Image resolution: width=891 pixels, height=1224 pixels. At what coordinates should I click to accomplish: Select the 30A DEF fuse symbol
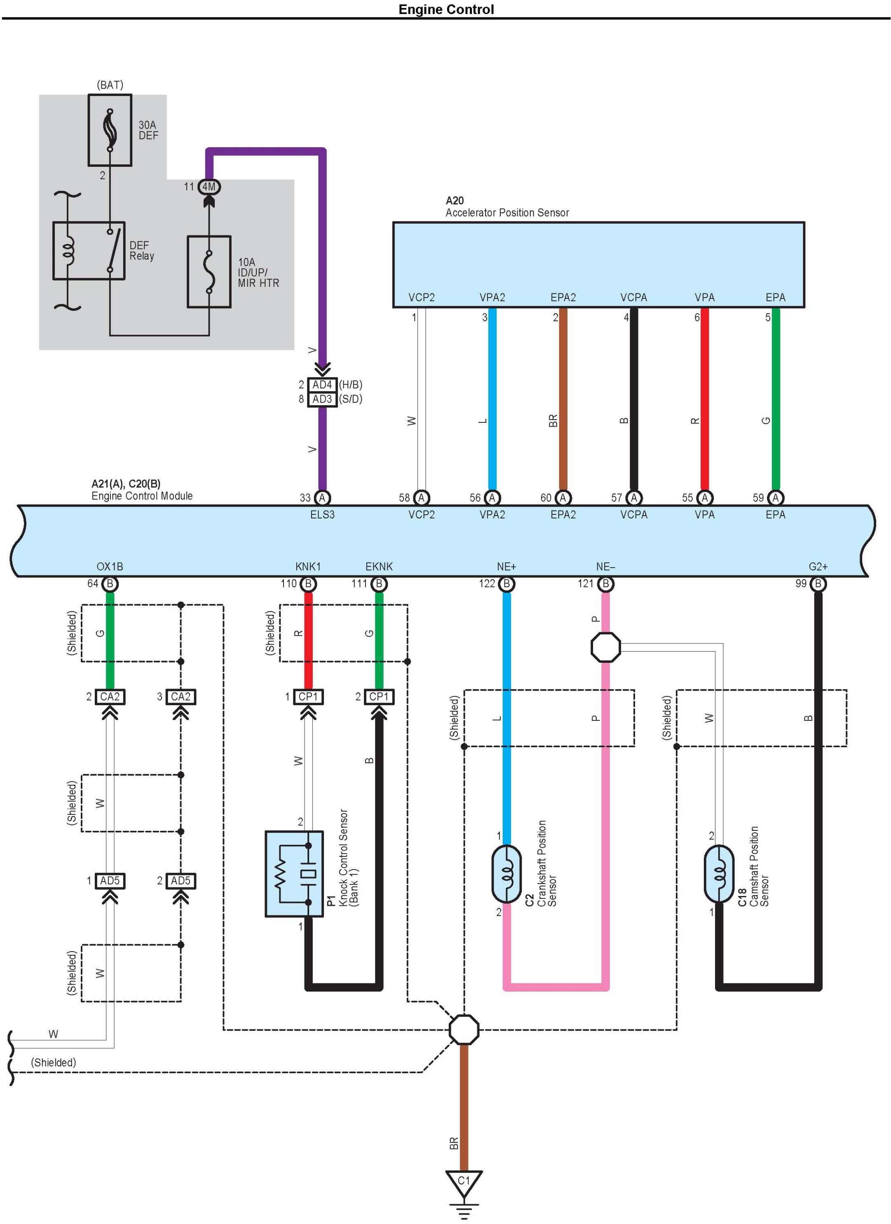(110, 130)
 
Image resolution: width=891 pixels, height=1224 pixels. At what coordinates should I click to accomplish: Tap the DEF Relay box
(89, 251)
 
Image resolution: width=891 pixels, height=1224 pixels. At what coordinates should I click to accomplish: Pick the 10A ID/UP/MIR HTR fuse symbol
(209, 272)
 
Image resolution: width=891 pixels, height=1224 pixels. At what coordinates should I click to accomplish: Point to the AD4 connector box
(322, 385)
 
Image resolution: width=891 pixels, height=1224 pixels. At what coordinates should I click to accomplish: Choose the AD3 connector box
(322, 399)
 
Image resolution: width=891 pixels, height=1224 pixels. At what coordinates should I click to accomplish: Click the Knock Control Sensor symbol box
(294, 874)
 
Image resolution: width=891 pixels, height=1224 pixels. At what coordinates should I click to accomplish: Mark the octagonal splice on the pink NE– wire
(605, 647)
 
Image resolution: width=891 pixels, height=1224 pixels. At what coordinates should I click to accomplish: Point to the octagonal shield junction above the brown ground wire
(464, 1029)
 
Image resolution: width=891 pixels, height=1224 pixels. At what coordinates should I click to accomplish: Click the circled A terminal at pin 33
(322, 497)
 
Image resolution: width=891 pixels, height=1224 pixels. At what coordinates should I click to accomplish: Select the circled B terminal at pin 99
(818, 584)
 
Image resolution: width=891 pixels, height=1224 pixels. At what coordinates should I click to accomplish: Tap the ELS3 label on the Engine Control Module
(322, 514)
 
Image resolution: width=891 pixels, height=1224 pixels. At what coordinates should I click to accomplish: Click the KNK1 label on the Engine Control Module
(308, 567)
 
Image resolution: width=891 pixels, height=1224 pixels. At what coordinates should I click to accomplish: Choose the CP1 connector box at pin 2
(379, 697)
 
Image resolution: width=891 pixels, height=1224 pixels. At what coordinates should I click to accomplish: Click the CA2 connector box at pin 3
(181, 697)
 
